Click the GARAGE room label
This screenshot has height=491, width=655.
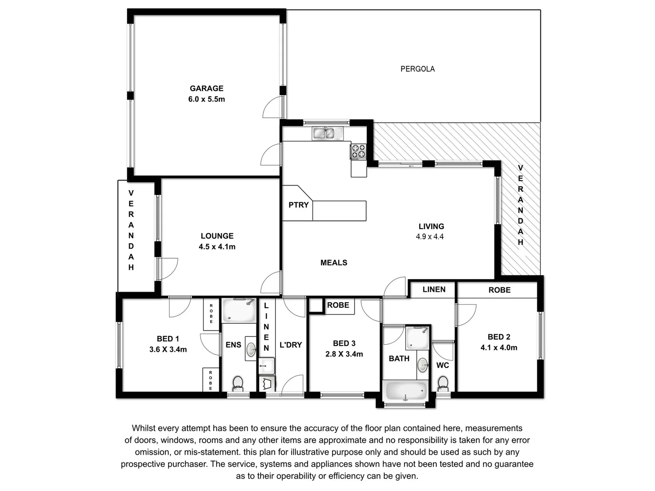(207, 88)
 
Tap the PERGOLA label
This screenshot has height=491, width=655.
(417, 69)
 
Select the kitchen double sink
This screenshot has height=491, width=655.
(329, 133)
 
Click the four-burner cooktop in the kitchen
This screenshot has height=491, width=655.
(358, 151)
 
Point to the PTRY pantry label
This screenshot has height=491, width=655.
(298, 205)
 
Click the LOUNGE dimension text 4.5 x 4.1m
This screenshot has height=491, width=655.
(217, 247)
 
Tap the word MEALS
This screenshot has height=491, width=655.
(333, 263)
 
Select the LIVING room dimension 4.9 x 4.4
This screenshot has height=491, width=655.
(429, 236)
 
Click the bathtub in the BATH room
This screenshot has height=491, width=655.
(406, 391)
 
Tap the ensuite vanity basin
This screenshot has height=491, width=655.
(251, 349)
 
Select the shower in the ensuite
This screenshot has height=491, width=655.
(239, 311)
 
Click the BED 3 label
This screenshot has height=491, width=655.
(344, 344)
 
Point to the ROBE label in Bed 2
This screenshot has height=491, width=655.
(499, 290)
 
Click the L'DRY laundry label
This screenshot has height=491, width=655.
(291, 345)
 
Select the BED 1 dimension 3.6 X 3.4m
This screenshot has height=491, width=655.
(168, 350)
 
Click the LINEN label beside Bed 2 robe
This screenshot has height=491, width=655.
(433, 290)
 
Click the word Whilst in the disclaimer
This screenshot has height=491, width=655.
(144, 428)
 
